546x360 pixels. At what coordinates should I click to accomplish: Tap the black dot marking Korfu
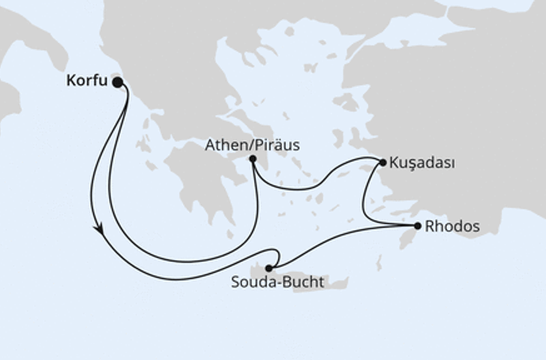tap(118, 82)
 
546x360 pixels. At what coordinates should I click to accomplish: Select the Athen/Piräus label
tap(252, 145)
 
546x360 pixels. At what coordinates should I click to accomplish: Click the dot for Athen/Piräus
tap(253, 159)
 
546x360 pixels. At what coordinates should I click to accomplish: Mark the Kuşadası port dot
tap(382, 161)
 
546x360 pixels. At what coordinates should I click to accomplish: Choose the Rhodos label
tap(452, 225)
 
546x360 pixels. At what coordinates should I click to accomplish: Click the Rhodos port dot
tap(418, 225)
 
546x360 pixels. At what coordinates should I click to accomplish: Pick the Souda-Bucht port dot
tap(268, 268)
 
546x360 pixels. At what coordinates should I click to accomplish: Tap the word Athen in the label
tap(224, 145)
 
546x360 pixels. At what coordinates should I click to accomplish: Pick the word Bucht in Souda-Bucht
tap(306, 283)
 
